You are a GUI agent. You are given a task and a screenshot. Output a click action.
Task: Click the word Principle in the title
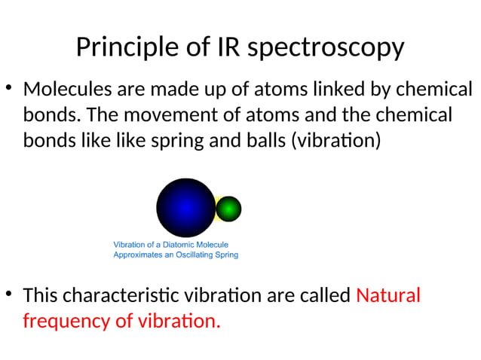point(124,47)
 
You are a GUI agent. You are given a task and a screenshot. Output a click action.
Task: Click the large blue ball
point(185,208)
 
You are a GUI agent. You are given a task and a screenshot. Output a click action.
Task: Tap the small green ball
point(228,209)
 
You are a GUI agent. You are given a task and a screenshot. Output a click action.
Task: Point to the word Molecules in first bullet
point(66,90)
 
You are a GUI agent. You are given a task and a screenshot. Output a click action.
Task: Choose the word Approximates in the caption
point(137,255)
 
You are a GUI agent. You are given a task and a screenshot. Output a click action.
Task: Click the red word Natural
point(388,295)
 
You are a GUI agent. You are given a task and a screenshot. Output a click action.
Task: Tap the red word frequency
point(66,322)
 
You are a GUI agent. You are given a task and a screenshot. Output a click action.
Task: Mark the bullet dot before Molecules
point(8,89)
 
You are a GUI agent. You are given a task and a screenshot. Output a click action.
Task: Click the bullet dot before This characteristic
point(8,294)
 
